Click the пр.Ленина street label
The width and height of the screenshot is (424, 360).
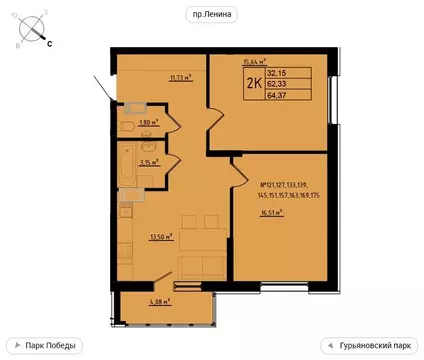(x=212, y=14)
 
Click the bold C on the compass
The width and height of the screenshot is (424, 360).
(x=50, y=44)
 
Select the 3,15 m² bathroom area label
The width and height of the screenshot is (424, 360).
(x=149, y=164)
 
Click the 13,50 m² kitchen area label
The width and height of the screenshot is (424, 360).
(x=160, y=238)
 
